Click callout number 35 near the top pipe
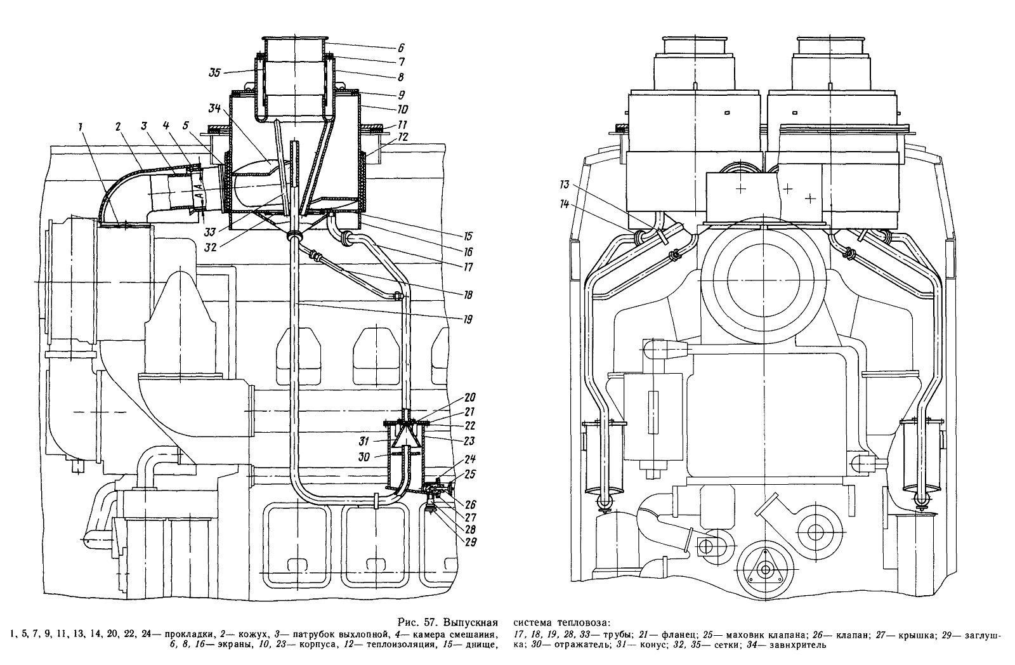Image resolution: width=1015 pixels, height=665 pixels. tap(215, 72)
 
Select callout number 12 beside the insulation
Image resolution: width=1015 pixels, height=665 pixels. tap(402, 137)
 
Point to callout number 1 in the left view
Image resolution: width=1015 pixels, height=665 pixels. tap(81, 128)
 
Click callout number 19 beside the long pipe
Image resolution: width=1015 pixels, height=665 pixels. tap(466, 320)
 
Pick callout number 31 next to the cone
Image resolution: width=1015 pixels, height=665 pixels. tap(364, 441)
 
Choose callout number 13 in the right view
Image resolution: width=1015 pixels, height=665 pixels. tap(564, 185)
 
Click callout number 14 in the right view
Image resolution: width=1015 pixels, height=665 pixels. tap(564, 204)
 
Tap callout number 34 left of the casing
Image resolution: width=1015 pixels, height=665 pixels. tap(215, 109)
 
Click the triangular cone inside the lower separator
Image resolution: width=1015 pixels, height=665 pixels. tap(405, 437)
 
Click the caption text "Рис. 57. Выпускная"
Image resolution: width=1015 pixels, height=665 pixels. tap(447, 621)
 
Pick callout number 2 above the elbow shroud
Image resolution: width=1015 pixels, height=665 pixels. tap(118, 128)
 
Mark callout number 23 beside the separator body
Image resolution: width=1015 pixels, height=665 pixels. tap(469, 440)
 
